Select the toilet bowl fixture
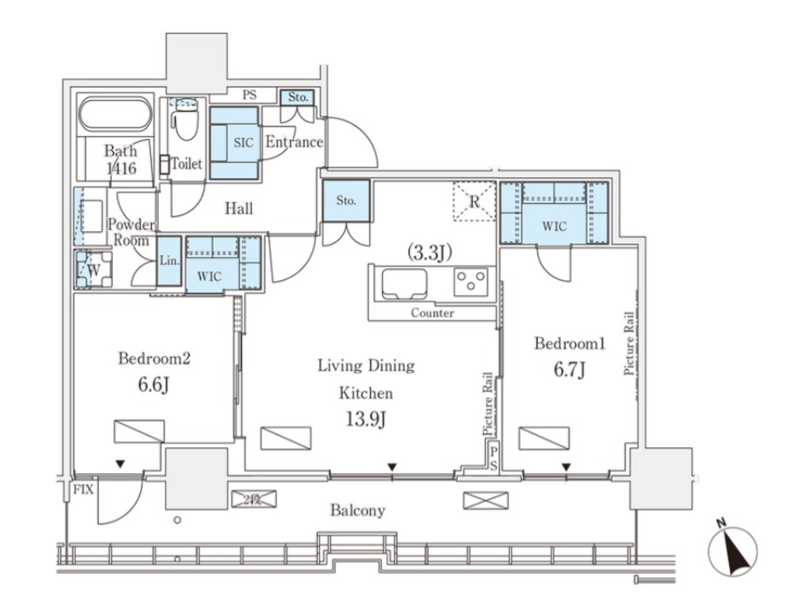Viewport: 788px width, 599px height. coord(184,121)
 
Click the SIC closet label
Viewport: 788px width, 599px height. coord(243,142)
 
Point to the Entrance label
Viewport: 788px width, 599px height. coord(294,142)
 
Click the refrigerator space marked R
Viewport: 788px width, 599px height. coord(473,201)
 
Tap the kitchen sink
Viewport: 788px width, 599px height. coord(405,284)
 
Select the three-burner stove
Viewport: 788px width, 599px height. coord(471,281)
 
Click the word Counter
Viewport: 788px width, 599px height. coord(432,313)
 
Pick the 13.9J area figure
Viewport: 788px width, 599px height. coord(366,418)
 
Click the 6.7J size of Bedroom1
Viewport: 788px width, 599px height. coord(569,370)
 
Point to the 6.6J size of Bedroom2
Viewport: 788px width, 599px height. coord(153,385)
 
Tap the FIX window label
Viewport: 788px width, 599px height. coord(83,489)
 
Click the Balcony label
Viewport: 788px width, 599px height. coord(358,510)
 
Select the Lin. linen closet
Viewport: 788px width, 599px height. coord(169,261)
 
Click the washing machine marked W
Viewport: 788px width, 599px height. coord(94,270)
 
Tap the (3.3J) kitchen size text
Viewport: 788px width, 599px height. coord(430,253)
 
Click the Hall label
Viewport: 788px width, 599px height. coord(239,208)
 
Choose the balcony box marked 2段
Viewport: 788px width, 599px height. coord(254,499)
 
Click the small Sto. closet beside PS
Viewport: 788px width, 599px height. coord(297,97)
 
